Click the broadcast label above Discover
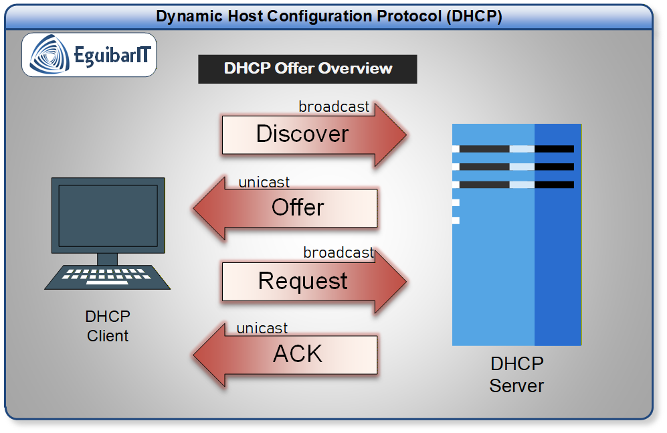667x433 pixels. (334, 107)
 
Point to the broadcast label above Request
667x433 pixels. (339, 253)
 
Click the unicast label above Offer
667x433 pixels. (264, 182)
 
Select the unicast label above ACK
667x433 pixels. (262, 329)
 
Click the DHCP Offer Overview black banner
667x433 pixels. (308, 69)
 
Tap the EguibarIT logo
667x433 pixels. (90, 55)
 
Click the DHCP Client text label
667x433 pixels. (108, 326)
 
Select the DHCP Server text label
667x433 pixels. (516, 375)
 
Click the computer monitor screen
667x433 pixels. (108, 214)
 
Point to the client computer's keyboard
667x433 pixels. (108, 276)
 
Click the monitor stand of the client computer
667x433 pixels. (107, 259)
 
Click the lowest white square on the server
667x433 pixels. (456, 220)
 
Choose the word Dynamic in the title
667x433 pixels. (185, 16)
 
